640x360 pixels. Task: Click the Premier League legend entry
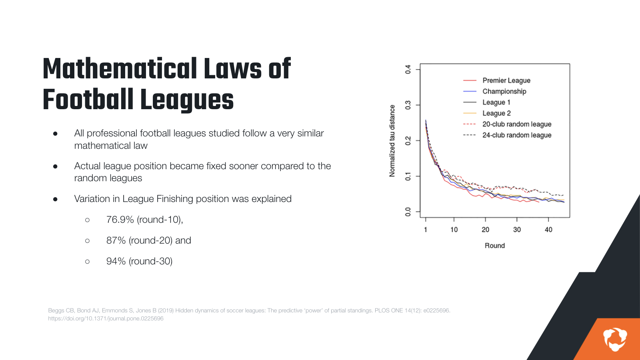(x=506, y=80)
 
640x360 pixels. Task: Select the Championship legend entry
(x=504, y=91)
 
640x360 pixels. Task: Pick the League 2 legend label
(x=496, y=113)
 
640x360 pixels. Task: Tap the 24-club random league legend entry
(x=516, y=135)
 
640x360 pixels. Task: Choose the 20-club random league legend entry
(x=516, y=124)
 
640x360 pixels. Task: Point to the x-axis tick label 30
(x=517, y=230)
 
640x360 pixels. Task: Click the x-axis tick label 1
(x=426, y=230)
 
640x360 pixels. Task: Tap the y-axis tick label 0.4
(x=408, y=69)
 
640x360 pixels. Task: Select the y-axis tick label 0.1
(x=408, y=176)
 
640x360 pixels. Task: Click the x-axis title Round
(x=495, y=246)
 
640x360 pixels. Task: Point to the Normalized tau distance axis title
(x=392, y=141)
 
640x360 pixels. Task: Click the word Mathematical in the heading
(x=120, y=69)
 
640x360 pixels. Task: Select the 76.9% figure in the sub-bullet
(x=120, y=220)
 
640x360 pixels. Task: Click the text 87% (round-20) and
(x=148, y=240)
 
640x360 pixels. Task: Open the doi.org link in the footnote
(x=106, y=318)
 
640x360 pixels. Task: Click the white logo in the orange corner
(x=615, y=339)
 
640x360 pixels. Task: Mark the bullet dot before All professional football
(x=55, y=134)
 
